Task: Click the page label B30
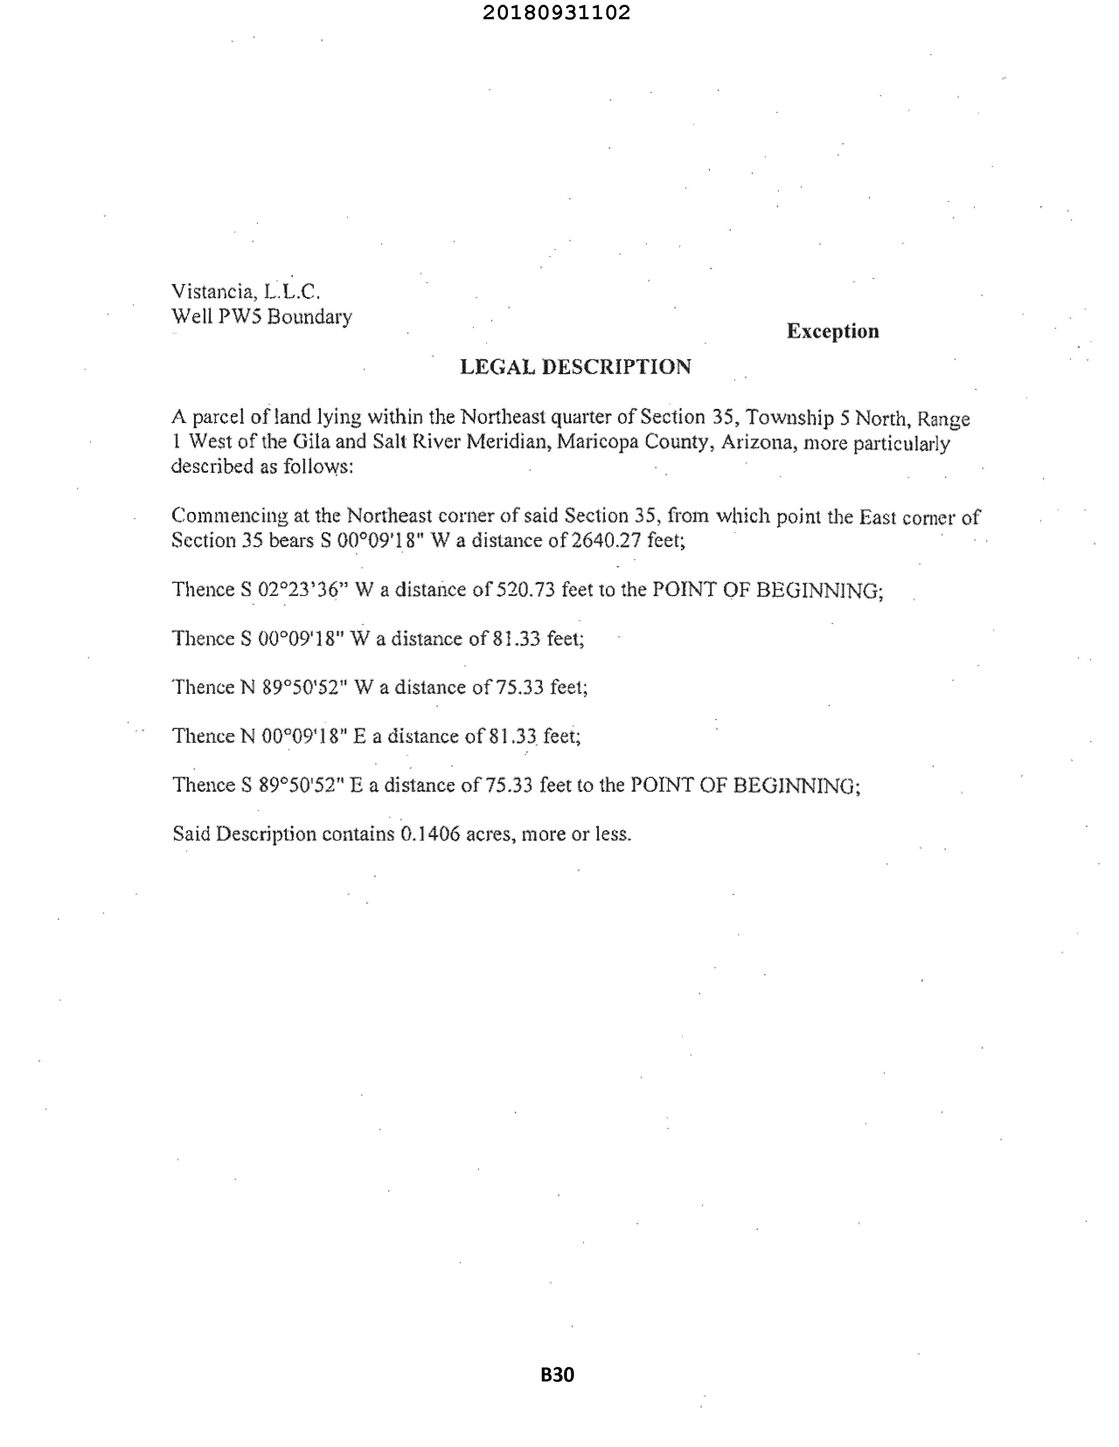pos(557,1375)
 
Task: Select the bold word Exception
pos(833,331)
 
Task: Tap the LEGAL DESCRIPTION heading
pos(575,367)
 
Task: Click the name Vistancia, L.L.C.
pos(246,291)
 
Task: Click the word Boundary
pos(309,317)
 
